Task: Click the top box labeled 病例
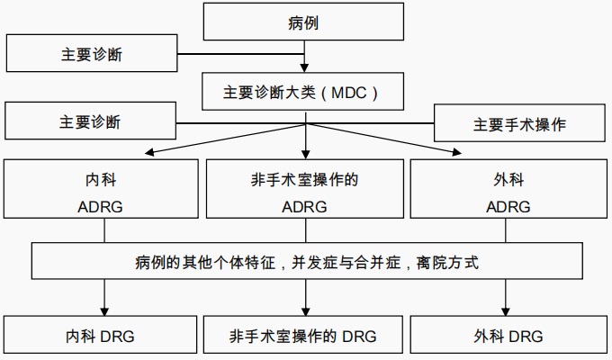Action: tap(306, 22)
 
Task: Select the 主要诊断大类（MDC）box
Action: tap(306, 91)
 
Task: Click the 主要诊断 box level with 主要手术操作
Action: tap(90, 121)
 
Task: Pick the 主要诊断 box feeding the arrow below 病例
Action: tap(90, 54)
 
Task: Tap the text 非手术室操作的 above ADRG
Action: tap(305, 180)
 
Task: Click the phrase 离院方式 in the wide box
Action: tap(451, 263)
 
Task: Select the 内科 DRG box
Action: tap(101, 337)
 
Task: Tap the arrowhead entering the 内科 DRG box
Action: tap(105, 311)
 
